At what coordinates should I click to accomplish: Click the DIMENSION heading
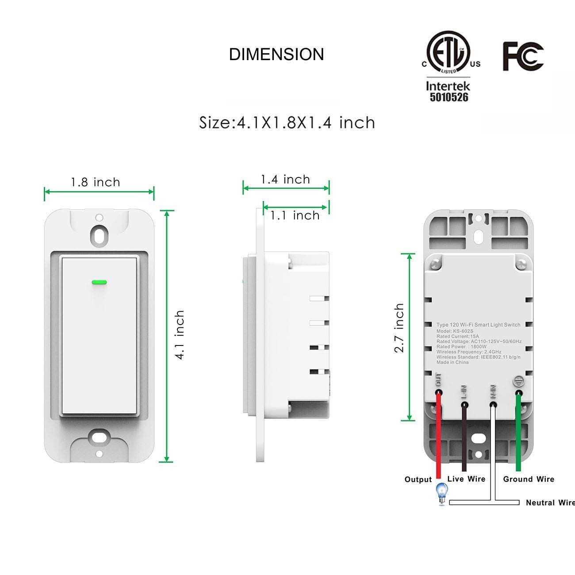click(x=276, y=54)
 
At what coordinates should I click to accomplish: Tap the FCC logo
click(x=523, y=56)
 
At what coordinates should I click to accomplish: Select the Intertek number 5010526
click(x=448, y=97)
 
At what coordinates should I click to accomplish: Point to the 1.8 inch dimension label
click(x=96, y=182)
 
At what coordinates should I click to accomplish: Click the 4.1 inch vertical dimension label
click(x=180, y=335)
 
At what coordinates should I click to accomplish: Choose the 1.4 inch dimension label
click(x=285, y=180)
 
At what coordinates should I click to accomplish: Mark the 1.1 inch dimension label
click(x=295, y=215)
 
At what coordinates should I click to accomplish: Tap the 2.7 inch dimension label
click(x=399, y=328)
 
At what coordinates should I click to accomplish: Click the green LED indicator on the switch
click(x=100, y=281)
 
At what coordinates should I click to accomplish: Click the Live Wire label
click(x=466, y=479)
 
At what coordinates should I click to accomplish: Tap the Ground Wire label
click(x=529, y=479)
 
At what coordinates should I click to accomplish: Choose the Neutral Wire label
click(x=550, y=502)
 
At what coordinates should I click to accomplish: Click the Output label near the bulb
click(x=418, y=479)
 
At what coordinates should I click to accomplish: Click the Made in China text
click(x=452, y=362)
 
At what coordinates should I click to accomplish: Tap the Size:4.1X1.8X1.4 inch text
click(x=287, y=123)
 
